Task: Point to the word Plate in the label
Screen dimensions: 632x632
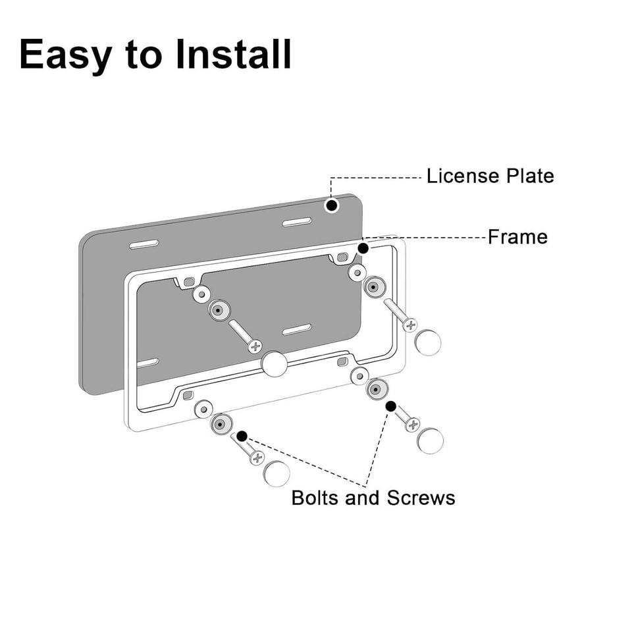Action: tap(530, 176)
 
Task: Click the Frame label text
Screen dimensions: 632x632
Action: tap(517, 237)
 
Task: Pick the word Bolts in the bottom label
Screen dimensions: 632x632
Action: tap(315, 498)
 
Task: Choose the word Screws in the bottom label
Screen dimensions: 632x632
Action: tap(421, 498)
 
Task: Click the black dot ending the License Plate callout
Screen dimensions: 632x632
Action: tap(332, 205)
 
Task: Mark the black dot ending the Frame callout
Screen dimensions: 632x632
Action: tap(363, 248)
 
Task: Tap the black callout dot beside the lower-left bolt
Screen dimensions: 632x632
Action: tap(242, 436)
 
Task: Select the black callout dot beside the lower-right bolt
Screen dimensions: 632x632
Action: tap(390, 406)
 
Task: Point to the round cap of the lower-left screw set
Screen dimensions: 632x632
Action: tap(276, 473)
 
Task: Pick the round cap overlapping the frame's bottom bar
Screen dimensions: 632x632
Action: tap(275, 364)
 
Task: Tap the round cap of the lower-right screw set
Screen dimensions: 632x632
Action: tap(430, 440)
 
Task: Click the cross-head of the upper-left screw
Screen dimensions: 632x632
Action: tap(255, 346)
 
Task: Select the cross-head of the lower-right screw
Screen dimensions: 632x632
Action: tap(413, 425)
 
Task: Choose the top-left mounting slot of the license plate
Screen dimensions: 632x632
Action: tap(144, 245)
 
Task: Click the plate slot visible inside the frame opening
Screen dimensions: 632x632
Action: tap(297, 329)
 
